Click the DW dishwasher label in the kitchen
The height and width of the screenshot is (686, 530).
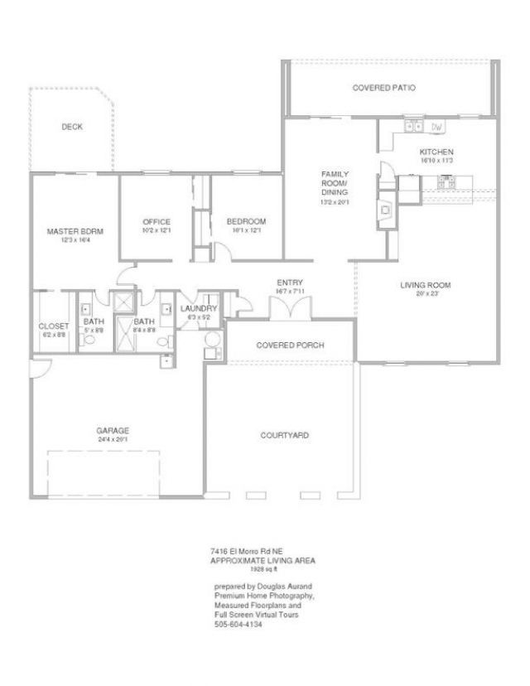(437, 127)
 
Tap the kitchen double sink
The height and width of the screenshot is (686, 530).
(412, 127)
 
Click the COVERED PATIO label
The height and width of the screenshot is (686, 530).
(383, 87)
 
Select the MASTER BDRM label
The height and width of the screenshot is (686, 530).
(75, 232)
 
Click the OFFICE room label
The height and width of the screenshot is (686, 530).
(156, 222)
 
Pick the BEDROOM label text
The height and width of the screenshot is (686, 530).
(246, 222)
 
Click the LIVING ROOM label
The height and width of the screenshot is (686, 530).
(425, 286)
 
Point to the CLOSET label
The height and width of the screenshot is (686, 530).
(54, 326)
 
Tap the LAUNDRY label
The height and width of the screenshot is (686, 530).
(198, 308)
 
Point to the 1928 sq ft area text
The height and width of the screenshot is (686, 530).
(263, 569)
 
